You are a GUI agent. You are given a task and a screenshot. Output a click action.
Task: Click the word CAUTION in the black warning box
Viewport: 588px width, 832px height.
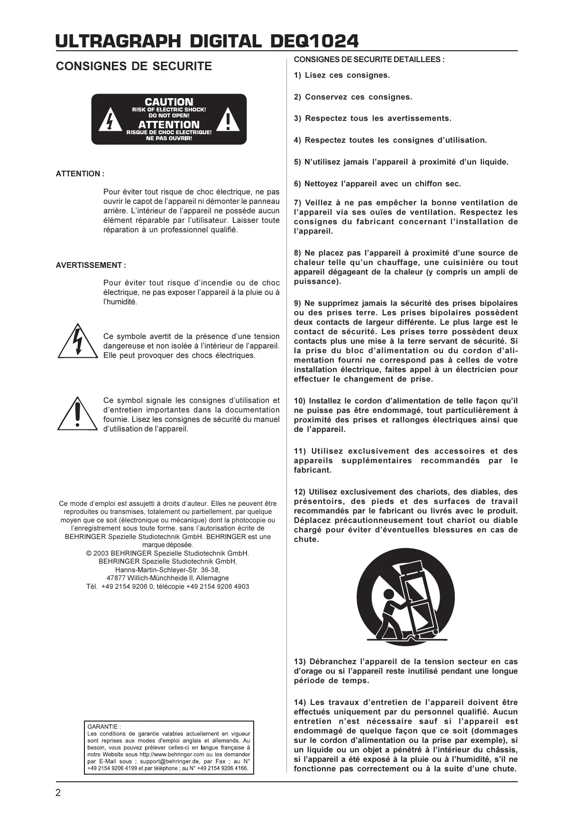coord(169,102)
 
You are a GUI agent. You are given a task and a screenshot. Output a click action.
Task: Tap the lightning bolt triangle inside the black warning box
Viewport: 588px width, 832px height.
coord(110,121)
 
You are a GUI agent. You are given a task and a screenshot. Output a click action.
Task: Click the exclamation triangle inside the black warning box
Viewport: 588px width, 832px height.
coord(228,120)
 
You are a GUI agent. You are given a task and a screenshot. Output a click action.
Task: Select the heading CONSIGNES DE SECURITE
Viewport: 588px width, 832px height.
coord(134,66)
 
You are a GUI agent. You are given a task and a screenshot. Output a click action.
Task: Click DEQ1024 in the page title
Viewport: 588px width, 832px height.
coord(314,41)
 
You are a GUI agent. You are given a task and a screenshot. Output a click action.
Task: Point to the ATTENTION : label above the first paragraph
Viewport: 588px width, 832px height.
coord(80,174)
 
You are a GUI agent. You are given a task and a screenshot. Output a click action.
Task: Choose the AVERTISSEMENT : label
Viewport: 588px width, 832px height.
coord(91,265)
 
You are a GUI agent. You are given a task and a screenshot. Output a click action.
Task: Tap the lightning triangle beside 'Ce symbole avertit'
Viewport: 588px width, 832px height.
coord(77,342)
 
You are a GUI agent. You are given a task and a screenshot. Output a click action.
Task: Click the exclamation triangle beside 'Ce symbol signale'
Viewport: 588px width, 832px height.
coord(77,414)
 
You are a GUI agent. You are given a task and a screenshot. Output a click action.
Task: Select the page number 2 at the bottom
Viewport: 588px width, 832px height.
coord(58,793)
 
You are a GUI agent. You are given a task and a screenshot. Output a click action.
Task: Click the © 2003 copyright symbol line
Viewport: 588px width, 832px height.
coord(167,553)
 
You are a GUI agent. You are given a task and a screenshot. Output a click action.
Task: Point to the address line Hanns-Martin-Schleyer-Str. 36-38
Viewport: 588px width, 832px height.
coord(167,570)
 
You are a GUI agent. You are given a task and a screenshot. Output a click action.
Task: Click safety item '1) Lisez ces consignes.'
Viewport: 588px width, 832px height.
coord(341,75)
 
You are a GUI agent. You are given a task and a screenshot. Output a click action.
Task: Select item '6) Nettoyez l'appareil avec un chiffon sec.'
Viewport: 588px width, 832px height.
coord(377,184)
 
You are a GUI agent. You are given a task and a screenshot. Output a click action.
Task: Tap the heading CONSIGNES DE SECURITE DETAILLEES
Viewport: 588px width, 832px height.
coord(369,60)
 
